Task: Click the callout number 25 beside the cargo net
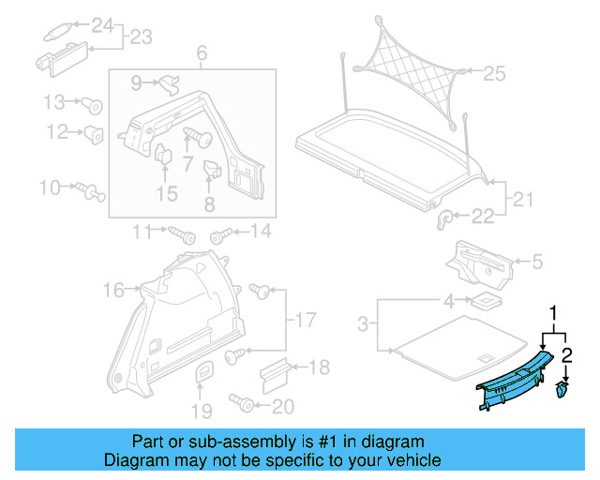click(x=494, y=71)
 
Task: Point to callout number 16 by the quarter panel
click(x=113, y=292)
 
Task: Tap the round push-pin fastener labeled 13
click(x=93, y=105)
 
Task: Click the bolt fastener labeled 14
click(x=220, y=232)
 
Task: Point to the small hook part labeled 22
click(x=446, y=217)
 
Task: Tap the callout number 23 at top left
click(x=140, y=37)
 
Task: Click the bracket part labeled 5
click(x=482, y=263)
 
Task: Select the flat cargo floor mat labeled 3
click(x=450, y=341)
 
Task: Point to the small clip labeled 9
click(x=170, y=84)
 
